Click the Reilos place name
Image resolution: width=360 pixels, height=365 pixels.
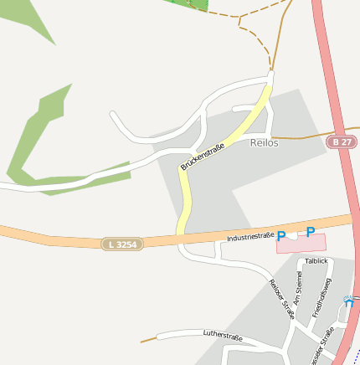point(264,143)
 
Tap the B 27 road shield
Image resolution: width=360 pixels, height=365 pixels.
point(340,143)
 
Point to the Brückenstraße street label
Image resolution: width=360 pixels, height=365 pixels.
point(203,153)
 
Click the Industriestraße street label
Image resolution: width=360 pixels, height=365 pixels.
point(250,238)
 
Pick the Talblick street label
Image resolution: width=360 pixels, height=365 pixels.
point(316,261)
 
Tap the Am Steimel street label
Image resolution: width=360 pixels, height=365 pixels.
point(297,287)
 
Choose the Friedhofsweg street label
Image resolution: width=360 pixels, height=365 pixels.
point(322,297)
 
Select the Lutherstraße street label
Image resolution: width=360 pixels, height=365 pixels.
point(223,336)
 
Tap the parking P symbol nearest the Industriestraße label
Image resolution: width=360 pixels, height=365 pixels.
point(281,236)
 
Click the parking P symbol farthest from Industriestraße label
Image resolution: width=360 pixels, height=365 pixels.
point(310,232)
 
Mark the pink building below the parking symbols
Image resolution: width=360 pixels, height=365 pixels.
point(301,244)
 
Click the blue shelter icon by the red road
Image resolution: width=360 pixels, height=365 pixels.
point(349,301)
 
